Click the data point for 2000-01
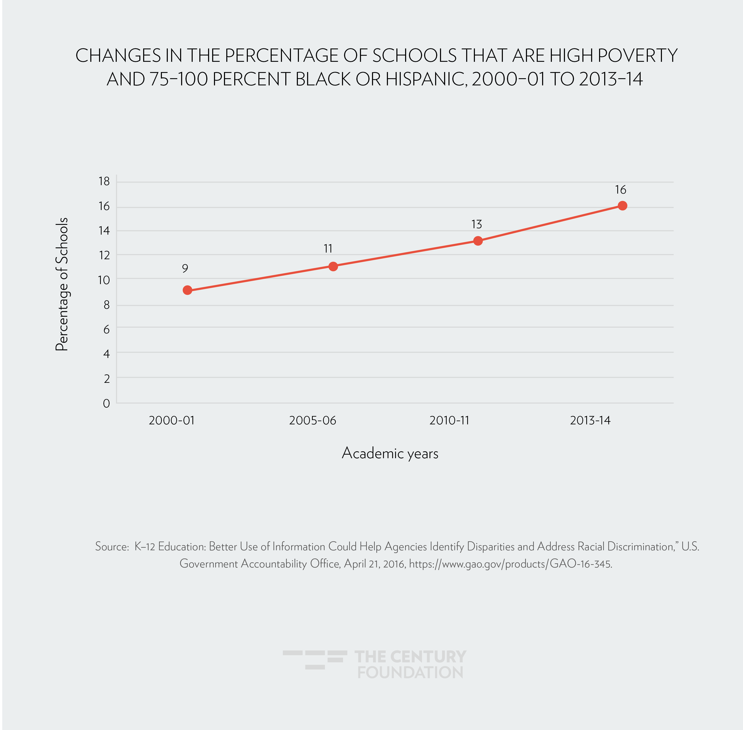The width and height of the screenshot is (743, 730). click(187, 290)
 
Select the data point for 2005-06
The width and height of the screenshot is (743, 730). click(333, 266)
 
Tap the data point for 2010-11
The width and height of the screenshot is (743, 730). click(477, 241)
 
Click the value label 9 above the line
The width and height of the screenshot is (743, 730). click(185, 268)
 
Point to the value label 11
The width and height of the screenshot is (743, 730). click(328, 248)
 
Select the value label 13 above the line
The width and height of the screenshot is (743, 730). click(476, 224)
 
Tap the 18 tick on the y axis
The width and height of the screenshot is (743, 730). click(104, 181)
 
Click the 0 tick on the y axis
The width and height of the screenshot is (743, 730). click(106, 403)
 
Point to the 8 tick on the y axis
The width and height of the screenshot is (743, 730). click(106, 305)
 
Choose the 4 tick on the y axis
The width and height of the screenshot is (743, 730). click(106, 354)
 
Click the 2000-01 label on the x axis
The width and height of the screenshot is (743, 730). click(171, 421)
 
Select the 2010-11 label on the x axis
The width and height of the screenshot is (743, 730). click(449, 421)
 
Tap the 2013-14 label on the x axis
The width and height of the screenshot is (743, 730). click(590, 421)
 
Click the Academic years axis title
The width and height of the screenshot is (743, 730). click(390, 453)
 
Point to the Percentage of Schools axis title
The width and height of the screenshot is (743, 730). click(62, 284)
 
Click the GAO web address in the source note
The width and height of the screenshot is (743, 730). click(510, 564)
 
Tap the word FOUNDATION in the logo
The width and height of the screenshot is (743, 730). click(410, 673)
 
